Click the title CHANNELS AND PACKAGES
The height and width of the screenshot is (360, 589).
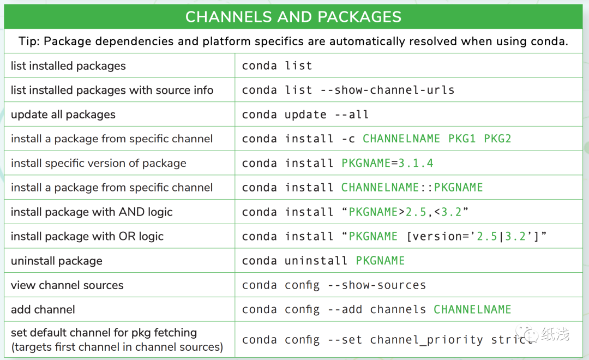coord(293,17)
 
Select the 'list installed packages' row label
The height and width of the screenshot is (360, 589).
coord(68,66)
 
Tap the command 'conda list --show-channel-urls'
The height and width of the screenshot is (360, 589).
coord(348,90)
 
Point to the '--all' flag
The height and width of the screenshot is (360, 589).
coord(352,115)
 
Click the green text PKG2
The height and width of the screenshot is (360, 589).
coord(497,139)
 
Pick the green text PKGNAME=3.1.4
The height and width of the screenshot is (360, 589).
coord(387,163)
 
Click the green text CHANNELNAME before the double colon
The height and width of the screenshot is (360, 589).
coord(380,187)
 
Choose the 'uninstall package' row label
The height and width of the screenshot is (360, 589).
coord(57,261)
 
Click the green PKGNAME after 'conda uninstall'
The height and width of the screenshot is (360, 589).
coord(380,260)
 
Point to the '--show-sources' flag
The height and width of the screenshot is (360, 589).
coord(377,285)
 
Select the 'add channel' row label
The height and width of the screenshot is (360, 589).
coord(43,310)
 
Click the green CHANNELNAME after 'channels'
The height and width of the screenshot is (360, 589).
coord(472,309)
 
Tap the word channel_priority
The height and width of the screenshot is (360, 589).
coord(426,340)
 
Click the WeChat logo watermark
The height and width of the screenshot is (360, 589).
coord(527,334)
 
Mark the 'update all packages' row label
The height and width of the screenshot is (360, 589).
coord(63,115)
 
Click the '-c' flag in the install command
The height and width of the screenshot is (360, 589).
coord(348,139)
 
